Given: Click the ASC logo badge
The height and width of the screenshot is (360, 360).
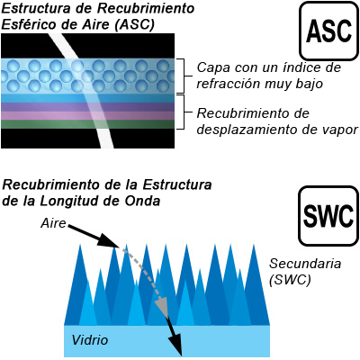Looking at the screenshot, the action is tap(329, 31).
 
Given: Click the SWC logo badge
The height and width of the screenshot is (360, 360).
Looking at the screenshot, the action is tap(328, 216).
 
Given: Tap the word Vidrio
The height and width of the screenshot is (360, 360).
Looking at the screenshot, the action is tap(90, 340).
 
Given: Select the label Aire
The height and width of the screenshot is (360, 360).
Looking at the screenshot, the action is tap(53, 223).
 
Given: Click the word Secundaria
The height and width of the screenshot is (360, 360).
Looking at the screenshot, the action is tap(305, 264).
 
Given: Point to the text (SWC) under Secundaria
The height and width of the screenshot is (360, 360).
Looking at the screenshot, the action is tap(290, 280).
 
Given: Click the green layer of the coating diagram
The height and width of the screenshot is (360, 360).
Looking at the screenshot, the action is tap(87, 124).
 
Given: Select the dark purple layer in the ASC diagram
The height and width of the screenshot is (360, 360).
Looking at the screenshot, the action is tap(87, 107).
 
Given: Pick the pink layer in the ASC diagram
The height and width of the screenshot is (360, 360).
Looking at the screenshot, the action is tap(87, 116).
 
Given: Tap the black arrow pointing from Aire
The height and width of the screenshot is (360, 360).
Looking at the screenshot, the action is tap(94, 236).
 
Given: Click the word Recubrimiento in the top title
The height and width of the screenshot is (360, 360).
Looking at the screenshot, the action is tap(146, 8).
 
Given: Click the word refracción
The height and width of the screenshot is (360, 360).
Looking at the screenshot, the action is tap(228, 84).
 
